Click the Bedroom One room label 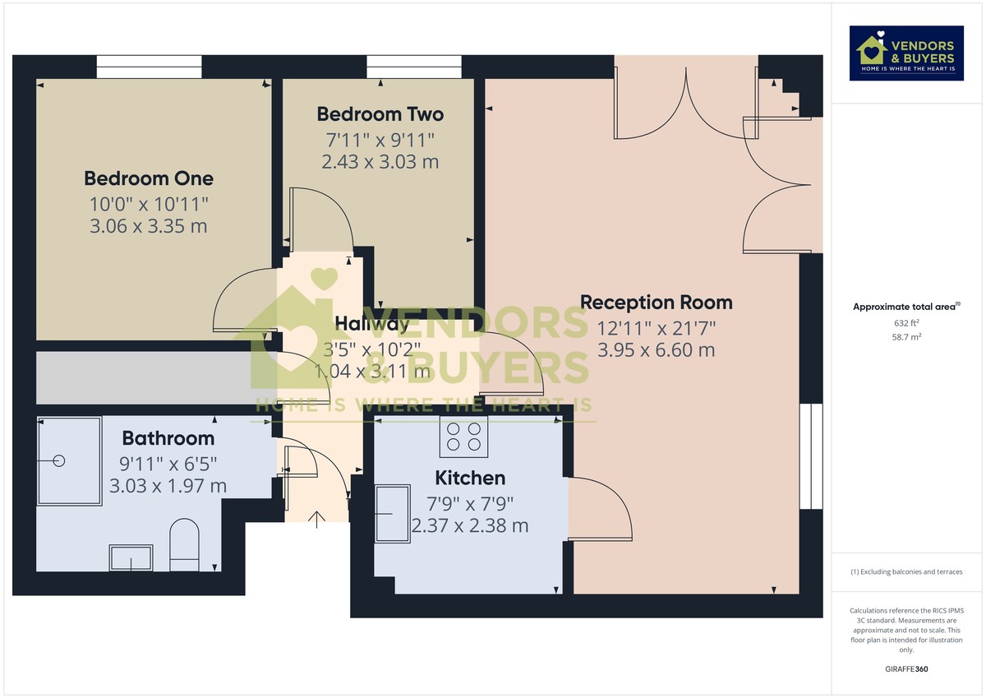149,178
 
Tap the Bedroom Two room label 380,114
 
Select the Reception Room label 656,303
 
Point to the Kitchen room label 470,478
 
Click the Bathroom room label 168,438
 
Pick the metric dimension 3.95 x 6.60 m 656,350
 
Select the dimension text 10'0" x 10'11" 149,202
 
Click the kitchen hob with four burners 464,436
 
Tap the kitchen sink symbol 393,514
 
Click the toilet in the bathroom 184,544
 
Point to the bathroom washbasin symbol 131,557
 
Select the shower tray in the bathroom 69,461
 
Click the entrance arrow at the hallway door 317,517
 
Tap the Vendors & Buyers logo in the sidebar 906,53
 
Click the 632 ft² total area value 906,323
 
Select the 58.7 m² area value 906,337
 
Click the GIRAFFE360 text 906,669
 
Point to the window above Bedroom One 149,67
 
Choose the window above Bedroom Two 414,67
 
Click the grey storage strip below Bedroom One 144,378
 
